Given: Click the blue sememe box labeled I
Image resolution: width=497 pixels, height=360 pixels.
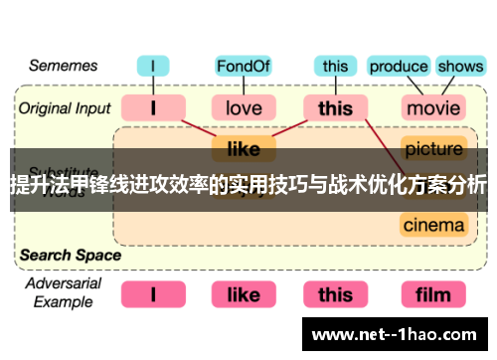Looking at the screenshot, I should [x=153, y=68].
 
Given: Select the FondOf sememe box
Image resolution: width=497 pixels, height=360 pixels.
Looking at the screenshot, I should [x=243, y=68].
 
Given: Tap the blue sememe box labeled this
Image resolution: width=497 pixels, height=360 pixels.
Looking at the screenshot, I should [x=335, y=68].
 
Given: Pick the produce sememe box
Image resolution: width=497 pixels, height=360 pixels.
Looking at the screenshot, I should [x=398, y=68].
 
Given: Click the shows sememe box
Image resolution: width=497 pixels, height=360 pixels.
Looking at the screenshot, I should [x=459, y=68].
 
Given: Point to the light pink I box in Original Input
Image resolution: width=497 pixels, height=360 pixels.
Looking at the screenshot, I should [x=153, y=106].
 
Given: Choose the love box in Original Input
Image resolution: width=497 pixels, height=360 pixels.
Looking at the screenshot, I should [x=243, y=106].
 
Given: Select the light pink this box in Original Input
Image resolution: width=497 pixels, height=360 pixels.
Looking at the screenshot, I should [x=335, y=106].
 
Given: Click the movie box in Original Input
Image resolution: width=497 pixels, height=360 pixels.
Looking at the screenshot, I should [x=433, y=106].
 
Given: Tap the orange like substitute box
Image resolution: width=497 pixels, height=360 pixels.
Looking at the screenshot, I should [x=243, y=149].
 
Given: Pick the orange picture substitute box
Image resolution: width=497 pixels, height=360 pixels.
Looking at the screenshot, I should [x=433, y=149].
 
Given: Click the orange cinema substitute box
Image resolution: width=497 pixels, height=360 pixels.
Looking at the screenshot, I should [x=433, y=225].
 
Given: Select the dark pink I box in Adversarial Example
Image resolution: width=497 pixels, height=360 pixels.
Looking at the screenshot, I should [x=153, y=294].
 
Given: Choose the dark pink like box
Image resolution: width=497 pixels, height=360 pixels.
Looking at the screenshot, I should [x=243, y=294].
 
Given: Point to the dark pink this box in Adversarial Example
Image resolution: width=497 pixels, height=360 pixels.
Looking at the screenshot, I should [x=335, y=294].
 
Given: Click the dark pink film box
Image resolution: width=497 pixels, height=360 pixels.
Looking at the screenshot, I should [x=433, y=294].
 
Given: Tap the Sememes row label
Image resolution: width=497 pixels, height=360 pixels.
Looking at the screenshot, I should [x=63, y=67].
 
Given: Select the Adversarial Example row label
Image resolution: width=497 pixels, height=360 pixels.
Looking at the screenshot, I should [x=63, y=292].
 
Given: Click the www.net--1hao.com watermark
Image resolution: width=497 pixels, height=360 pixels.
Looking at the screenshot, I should [x=409, y=335].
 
